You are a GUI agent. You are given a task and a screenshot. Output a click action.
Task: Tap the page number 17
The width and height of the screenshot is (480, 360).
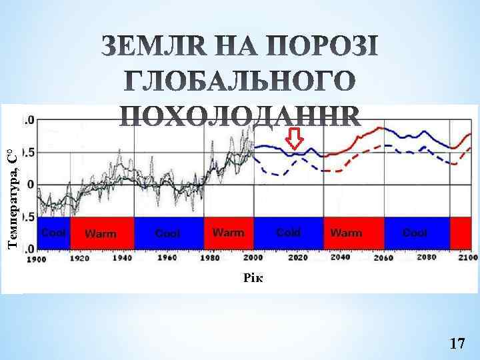coord(457,343)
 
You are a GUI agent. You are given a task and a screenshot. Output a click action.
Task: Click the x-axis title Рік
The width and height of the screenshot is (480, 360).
coord(253,278)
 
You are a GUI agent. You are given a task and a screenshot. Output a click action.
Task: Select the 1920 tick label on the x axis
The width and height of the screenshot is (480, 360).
coord(80,259)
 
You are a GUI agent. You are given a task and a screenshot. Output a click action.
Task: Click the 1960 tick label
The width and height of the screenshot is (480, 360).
coord(167,258)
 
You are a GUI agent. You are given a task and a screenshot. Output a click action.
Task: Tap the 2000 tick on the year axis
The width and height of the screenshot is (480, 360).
coord(253,258)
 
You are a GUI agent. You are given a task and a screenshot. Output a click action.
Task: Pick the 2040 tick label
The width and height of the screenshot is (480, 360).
coord(341,258)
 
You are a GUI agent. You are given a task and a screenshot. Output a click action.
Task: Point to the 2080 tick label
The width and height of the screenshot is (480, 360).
coord(427,258)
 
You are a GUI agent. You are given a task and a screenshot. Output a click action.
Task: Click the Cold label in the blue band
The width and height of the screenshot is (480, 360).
coord(288,233)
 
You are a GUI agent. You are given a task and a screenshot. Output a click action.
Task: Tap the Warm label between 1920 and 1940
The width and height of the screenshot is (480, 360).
coord(101,233)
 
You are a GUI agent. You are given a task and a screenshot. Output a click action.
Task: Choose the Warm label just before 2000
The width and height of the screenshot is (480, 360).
coord(228,233)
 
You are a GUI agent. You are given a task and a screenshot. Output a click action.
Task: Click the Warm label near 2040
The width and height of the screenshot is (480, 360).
coord(347,233)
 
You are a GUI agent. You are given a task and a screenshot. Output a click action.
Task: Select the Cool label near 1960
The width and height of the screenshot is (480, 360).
coord(167,233)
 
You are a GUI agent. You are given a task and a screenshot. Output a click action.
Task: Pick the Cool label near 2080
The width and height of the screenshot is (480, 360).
coord(415,233)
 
